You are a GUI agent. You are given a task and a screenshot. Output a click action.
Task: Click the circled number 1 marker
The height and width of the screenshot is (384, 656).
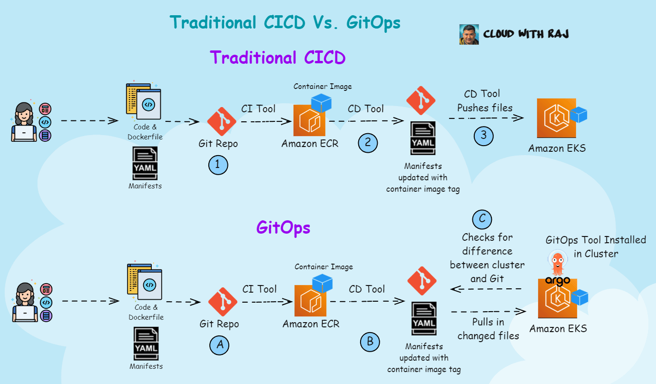point(218,165)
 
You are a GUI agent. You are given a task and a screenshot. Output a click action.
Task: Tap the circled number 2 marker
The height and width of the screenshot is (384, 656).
point(368,143)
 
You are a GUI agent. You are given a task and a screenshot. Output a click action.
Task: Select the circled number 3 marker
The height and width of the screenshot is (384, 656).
point(483,136)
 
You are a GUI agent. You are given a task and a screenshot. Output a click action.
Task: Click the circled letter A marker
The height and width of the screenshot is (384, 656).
point(219,345)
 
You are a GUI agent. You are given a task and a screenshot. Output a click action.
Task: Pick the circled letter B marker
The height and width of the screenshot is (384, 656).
point(370,342)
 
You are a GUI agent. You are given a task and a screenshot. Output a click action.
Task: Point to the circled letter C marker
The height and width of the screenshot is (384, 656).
point(482,219)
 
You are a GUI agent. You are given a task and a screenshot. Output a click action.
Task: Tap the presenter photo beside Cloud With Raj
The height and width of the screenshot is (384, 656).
point(469,35)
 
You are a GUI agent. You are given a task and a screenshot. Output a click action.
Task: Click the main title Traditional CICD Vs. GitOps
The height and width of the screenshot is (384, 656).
point(285,22)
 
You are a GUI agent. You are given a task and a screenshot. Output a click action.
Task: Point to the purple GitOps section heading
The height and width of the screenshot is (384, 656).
point(283,227)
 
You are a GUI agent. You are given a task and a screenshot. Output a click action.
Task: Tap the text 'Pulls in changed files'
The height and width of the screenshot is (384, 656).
point(488,329)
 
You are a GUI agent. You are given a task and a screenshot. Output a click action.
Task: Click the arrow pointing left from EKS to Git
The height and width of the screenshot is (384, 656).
point(486,289)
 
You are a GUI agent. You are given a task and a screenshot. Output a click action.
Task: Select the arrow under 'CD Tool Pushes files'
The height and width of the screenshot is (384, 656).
point(486,118)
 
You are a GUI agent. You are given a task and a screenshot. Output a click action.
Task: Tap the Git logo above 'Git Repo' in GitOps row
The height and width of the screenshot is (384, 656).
point(223,302)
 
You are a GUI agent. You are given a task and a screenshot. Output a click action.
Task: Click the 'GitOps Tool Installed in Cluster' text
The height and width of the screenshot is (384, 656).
point(596,246)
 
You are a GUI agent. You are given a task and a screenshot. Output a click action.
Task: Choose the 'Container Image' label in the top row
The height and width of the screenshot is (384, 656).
point(323,87)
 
